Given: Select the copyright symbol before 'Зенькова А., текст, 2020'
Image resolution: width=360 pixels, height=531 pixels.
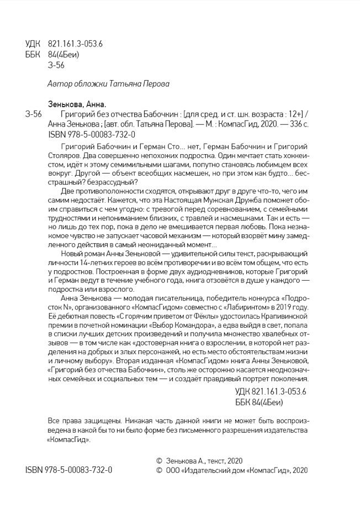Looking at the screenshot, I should [x=160, y=460].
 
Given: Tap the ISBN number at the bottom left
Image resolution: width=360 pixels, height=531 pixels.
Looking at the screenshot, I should [x=68, y=470].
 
